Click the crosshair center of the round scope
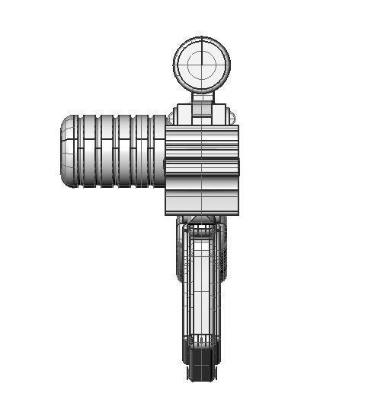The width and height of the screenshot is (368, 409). coord(201,64)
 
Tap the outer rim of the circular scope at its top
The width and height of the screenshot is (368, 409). coord(201,38)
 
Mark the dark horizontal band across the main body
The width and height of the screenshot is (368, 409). coord(202,167)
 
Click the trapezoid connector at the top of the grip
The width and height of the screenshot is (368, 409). coord(202,221)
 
